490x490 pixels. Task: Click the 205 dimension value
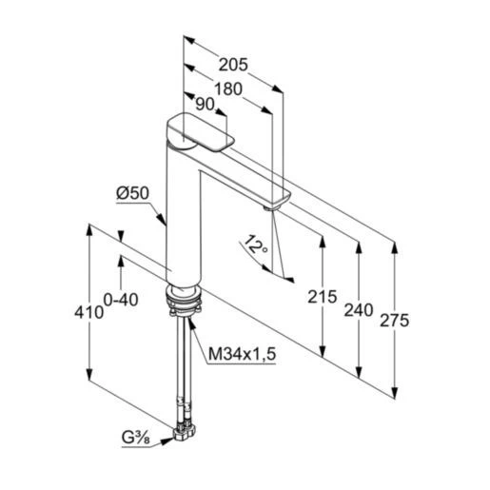pos(233,65)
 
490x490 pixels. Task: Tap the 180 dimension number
pos(228,89)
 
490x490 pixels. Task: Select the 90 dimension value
pos(205,104)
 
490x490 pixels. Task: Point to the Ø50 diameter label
pos(132,193)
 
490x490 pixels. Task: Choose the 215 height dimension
pos(322,297)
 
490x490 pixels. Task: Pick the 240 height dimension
pos(359,310)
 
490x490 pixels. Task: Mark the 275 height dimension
pos(395,321)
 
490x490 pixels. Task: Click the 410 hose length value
pos(89,313)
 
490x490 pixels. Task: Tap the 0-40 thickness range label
pos(121,300)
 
